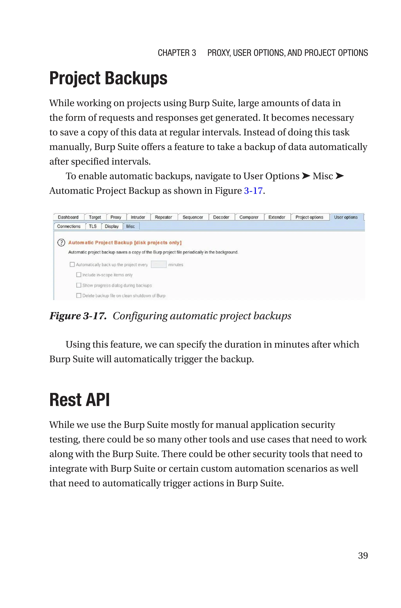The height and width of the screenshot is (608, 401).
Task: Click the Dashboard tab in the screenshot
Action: (x=68, y=217)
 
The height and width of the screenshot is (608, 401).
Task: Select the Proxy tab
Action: (x=116, y=217)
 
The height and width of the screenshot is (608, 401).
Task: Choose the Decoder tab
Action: (x=221, y=217)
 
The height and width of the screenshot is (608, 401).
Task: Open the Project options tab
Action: (x=309, y=217)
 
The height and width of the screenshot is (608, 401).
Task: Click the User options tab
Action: (x=346, y=217)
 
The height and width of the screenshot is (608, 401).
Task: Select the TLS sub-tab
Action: (x=93, y=226)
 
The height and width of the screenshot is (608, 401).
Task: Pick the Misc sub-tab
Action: (x=130, y=226)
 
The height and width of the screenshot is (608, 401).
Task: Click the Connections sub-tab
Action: (x=69, y=226)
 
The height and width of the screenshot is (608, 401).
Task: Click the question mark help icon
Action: (x=61, y=242)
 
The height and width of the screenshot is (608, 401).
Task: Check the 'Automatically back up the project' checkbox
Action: (x=72, y=264)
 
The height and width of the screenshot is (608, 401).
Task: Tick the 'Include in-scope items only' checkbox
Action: (x=79, y=275)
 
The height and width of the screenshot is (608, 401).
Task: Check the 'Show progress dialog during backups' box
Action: (x=79, y=285)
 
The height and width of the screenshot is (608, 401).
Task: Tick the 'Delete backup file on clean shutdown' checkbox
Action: (x=79, y=295)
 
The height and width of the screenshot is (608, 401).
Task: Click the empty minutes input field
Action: (x=159, y=264)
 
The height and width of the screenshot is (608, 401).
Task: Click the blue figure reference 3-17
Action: (x=253, y=191)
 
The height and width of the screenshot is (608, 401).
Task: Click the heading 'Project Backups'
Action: (x=108, y=78)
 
